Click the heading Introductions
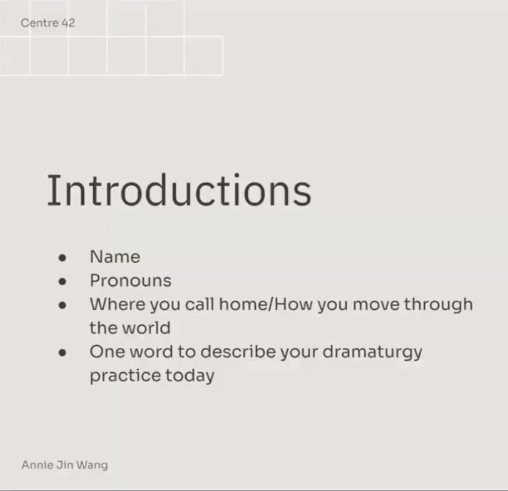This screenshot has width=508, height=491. [x=179, y=190]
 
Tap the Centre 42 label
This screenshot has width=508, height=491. [x=48, y=23]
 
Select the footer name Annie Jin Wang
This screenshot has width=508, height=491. [x=64, y=464]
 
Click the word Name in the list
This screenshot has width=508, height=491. [x=115, y=257]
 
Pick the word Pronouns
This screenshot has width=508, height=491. [x=130, y=280]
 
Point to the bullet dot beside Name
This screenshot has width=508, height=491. [x=62, y=258]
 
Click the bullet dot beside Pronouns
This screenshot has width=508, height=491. [x=62, y=282]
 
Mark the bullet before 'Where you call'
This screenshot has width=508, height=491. [x=62, y=305]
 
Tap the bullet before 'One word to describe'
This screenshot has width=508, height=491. [x=62, y=352]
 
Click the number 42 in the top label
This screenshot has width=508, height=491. [x=68, y=23]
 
